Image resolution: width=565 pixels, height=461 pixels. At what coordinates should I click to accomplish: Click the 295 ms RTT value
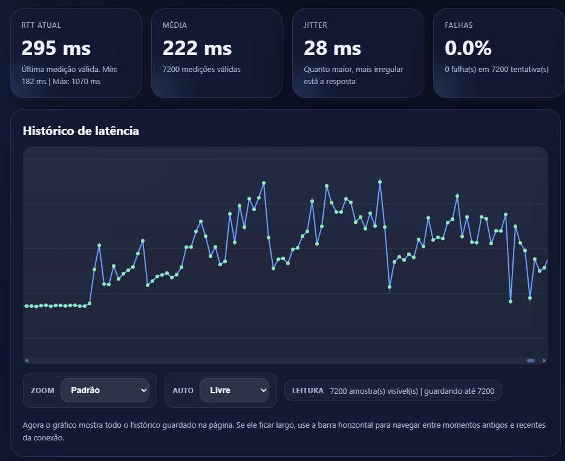point(56,48)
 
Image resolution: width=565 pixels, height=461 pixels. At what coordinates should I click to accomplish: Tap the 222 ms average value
point(197,48)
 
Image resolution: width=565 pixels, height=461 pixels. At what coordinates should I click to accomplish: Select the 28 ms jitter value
point(332,48)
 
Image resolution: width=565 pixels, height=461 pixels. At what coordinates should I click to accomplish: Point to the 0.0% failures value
point(468,48)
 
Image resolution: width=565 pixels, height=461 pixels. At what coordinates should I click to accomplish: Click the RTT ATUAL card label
point(41,25)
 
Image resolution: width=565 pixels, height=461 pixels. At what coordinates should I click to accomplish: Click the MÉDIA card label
point(175,25)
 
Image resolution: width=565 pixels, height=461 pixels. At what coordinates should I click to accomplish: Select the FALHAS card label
point(459,25)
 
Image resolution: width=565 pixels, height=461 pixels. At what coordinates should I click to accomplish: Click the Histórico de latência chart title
point(80,131)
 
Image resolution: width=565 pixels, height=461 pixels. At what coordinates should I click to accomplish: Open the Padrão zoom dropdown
point(105,390)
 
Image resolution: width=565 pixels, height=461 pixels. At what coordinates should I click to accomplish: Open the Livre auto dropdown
point(234,390)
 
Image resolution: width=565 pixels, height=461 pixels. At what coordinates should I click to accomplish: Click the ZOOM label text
point(42,391)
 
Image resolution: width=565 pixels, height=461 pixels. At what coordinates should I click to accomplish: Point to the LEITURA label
point(307,391)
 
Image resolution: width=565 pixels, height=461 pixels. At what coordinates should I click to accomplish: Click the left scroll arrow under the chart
point(27,361)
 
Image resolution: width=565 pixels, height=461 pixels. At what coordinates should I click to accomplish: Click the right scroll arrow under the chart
point(544,361)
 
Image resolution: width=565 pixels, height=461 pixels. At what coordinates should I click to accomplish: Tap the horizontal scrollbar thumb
point(531,361)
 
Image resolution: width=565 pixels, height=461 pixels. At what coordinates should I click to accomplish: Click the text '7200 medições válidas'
point(201,70)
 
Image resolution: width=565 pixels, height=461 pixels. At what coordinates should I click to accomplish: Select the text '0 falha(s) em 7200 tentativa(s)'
point(497,70)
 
